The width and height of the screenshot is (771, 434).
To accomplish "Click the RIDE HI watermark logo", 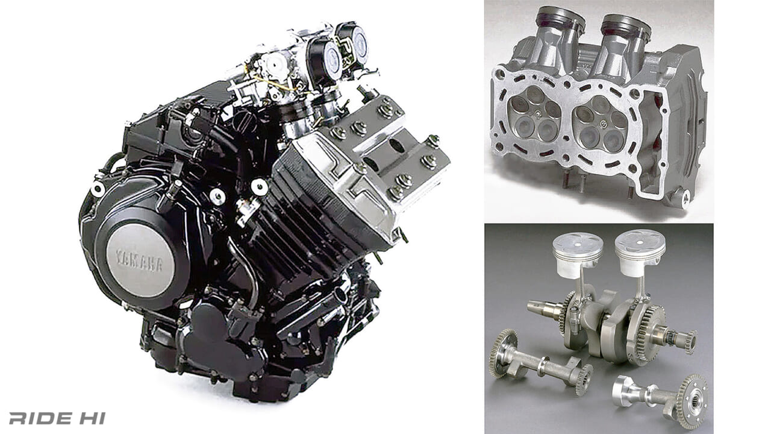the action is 57,418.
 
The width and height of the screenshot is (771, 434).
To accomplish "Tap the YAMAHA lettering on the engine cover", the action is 139,260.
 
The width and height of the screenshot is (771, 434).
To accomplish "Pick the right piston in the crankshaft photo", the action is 640,253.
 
